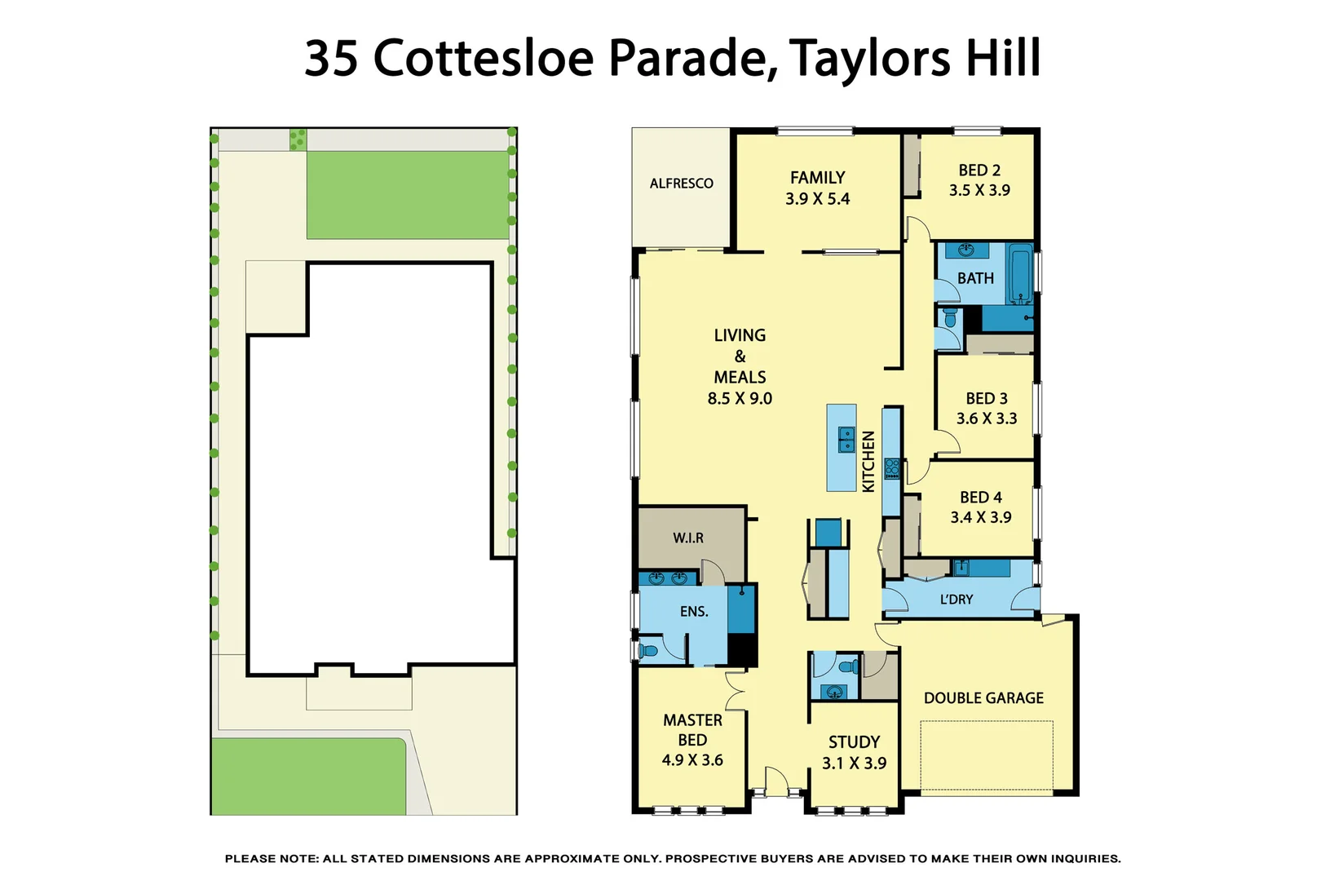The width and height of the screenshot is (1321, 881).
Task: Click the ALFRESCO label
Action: (x=681, y=184)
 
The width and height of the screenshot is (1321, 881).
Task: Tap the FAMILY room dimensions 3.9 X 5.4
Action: (x=817, y=199)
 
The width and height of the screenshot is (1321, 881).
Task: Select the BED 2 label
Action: (x=979, y=170)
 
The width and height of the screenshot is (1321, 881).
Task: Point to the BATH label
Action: (x=975, y=279)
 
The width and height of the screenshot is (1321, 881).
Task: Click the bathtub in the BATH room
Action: (x=1021, y=272)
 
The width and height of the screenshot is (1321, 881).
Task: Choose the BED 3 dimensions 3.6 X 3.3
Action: (x=987, y=418)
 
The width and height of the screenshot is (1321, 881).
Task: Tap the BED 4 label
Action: (x=980, y=498)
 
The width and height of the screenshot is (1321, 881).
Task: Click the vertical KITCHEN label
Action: (x=868, y=462)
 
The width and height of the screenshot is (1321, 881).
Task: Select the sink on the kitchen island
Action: (x=846, y=440)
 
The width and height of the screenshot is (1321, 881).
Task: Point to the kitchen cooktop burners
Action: (x=892, y=468)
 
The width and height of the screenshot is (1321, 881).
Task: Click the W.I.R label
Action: (x=688, y=538)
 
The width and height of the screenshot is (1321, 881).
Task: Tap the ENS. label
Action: (x=694, y=612)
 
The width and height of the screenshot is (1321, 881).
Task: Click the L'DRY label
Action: (x=956, y=600)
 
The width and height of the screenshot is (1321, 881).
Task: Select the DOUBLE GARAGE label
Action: (x=983, y=698)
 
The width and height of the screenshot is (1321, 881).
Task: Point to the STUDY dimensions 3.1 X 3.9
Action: (x=854, y=764)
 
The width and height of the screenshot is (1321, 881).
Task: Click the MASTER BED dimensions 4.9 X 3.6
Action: (x=692, y=760)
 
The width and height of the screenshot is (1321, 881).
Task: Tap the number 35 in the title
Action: (x=331, y=59)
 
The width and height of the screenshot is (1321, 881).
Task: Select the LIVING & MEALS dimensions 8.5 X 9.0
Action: (x=740, y=399)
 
